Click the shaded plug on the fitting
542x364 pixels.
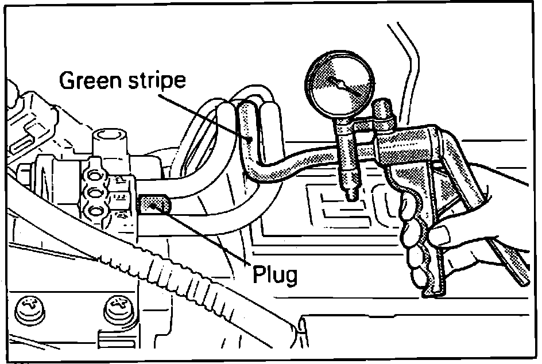[x=153, y=204]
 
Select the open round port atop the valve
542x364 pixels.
[x=109, y=136]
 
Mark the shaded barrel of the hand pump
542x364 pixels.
[x=402, y=146]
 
